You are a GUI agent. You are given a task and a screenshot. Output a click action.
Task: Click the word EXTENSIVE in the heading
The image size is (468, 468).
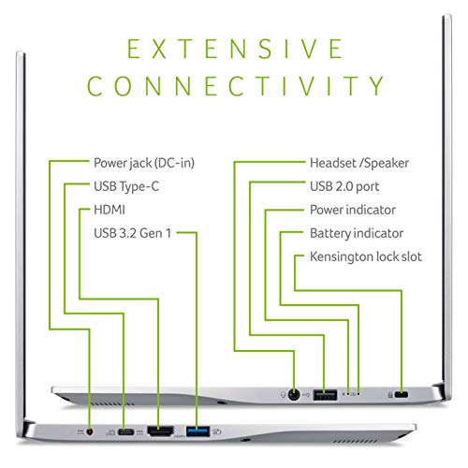click(235, 49)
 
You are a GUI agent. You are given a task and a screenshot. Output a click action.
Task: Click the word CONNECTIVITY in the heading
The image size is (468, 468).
click(236, 85)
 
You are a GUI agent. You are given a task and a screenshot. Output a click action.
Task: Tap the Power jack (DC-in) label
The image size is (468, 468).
click(144, 163)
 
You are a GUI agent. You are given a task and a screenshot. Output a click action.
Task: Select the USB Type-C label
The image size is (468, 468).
click(126, 186)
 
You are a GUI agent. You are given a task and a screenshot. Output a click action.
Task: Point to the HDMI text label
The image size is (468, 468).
click(110, 210)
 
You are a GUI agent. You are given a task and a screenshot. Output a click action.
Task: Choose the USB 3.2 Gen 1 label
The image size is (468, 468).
click(133, 233)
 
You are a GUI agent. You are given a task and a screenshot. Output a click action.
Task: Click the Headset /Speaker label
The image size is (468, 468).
click(359, 163)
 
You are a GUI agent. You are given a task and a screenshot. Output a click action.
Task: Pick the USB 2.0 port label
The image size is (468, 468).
click(344, 186)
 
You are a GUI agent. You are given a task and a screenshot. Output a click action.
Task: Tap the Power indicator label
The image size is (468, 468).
click(353, 210)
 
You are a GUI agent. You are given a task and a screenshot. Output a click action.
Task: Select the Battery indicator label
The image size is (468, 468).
click(357, 233)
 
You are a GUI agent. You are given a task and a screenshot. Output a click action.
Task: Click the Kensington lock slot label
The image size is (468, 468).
click(366, 256)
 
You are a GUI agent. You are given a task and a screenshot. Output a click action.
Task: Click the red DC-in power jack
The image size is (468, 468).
click(90, 431)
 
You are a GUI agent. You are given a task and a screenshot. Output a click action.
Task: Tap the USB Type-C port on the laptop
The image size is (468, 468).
click(125, 432)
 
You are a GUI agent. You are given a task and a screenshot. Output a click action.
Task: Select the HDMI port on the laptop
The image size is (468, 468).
click(160, 431)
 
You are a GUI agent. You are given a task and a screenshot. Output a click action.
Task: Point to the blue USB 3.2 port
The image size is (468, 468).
click(197, 431)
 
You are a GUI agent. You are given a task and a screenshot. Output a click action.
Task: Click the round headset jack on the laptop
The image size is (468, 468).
click(293, 395)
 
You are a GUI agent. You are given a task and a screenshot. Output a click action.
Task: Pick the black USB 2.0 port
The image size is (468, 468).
click(325, 395)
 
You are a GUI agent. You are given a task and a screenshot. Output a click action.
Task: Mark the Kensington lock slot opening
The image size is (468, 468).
click(402, 395)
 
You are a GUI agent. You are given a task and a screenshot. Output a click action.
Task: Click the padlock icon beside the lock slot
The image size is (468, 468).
click(390, 395)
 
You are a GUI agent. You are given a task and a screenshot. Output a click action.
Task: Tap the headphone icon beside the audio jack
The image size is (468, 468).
click(283, 395)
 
